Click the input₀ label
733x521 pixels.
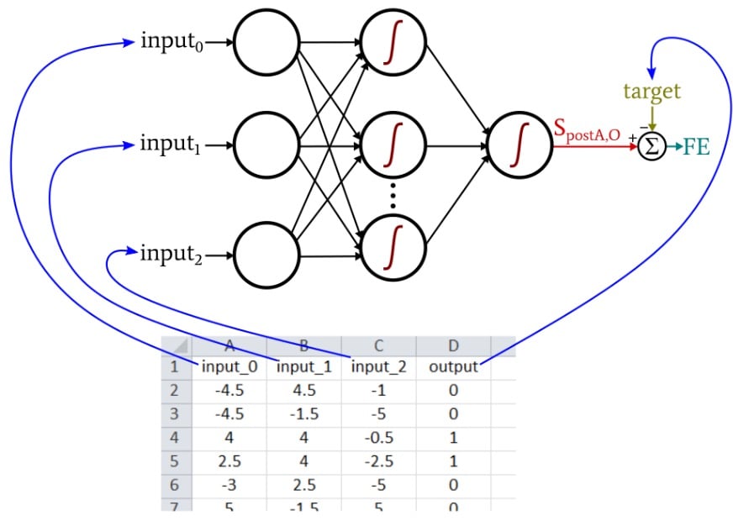[x=173, y=41]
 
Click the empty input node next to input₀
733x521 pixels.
[x=266, y=41]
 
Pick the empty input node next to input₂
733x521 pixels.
[x=266, y=251]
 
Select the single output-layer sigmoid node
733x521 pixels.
[x=519, y=145]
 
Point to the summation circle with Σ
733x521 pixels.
[x=651, y=147]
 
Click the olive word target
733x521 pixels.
[x=651, y=91]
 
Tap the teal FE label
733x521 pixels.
[x=696, y=147]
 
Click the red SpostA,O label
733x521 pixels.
[x=587, y=132]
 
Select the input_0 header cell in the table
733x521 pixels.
[x=229, y=367]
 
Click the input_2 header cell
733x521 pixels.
[x=379, y=367]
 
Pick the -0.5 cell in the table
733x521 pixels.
[x=379, y=438]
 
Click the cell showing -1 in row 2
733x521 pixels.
[x=379, y=391]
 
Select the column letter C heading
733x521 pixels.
[x=379, y=345]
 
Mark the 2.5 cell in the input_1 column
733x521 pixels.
[x=304, y=485]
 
